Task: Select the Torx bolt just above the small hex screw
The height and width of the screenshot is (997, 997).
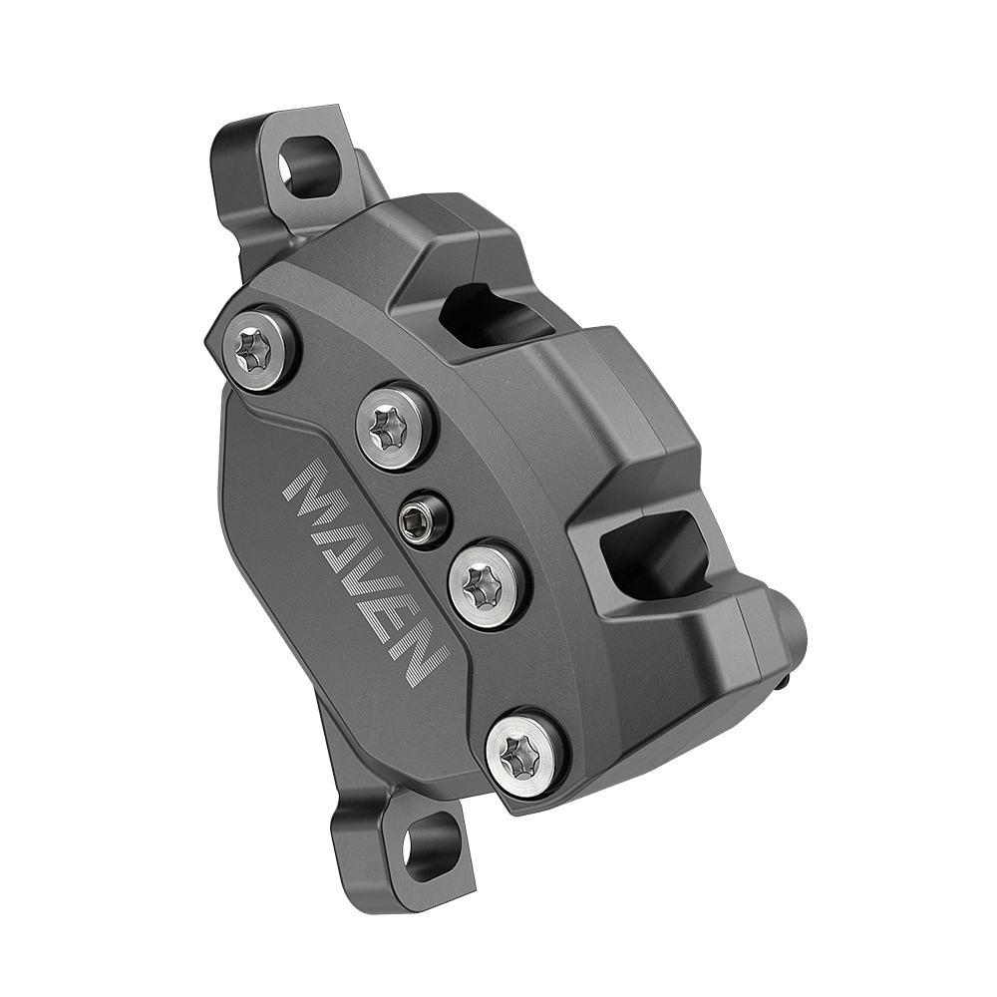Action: click(395, 426)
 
